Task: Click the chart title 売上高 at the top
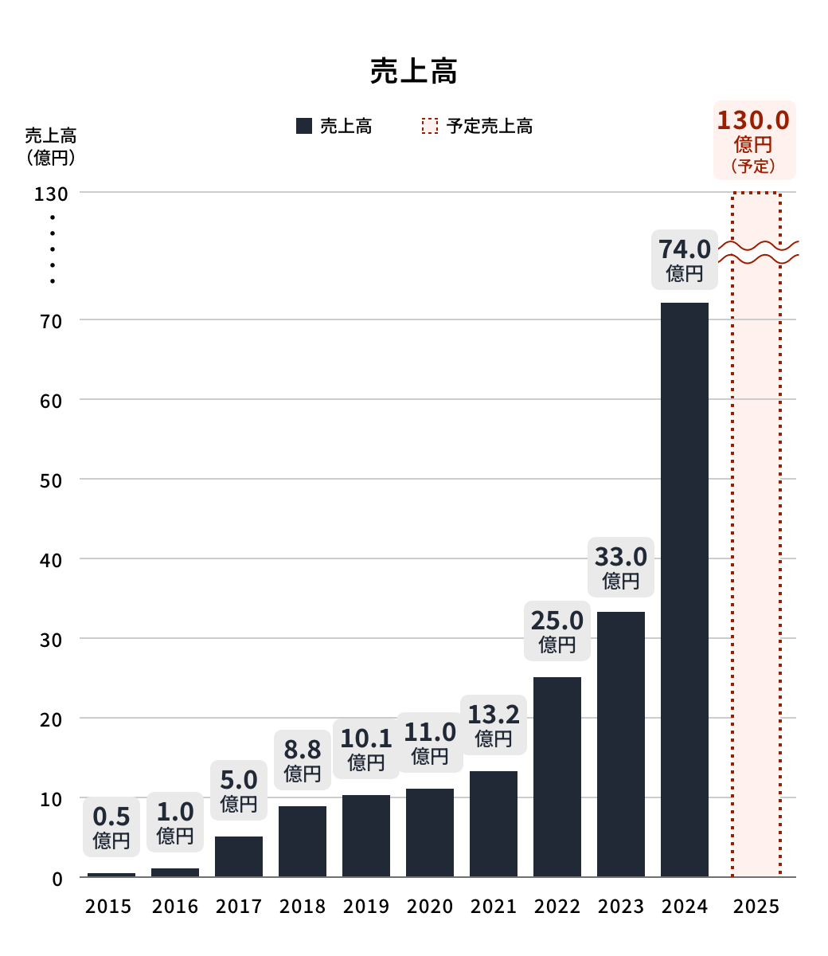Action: tap(413, 72)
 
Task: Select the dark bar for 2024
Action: tap(685, 590)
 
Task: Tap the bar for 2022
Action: tap(557, 777)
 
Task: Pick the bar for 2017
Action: tap(239, 856)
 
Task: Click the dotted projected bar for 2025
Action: tap(756, 558)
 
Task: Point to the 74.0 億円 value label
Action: tap(685, 260)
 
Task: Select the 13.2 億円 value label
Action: tap(494, 725)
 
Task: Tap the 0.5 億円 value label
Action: tap(111, 827)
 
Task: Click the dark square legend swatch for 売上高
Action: tap(303, 126)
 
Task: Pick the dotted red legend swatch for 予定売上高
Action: tap(430, 126)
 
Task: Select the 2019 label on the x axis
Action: tap(366, 907)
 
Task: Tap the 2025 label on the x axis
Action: tap(756, 907)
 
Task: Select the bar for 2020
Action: tap(430, 833)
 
